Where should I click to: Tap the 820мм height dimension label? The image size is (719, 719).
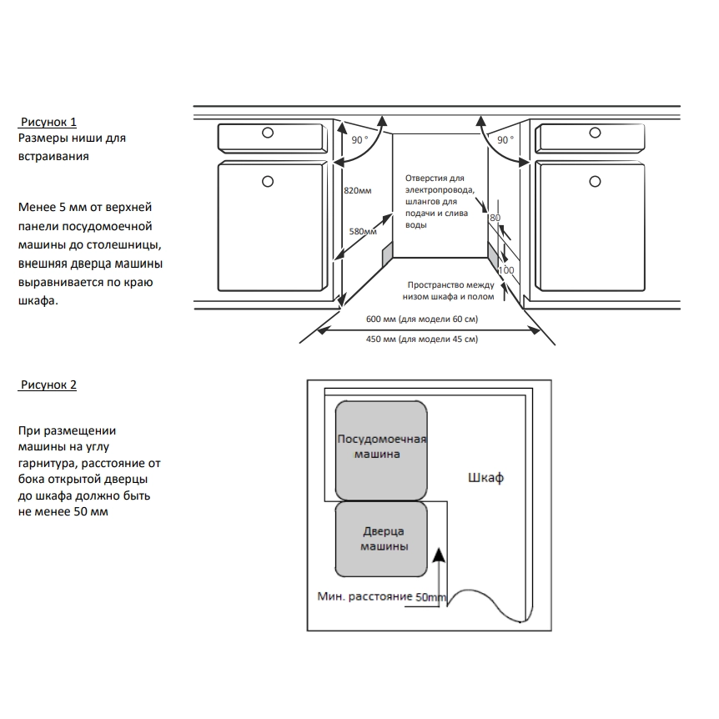pyautogui.click(x=357, y=191)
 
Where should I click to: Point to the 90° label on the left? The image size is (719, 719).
pyautogui.click(x=359, y=140)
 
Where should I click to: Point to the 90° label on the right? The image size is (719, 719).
pyautogui.click(x=505, y=140)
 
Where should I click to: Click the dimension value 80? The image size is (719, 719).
pyautogui.click(x=495, y=218)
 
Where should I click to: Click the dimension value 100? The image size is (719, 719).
pyautogui.click(x=505, y=271)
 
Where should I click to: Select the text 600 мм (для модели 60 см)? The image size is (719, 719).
pyautogui.click(x=422, y=320)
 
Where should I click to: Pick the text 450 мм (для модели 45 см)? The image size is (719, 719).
pyautogui.click(x=422, y=339)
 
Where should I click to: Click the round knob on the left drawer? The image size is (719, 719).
pyautogui.click(x=267, y=133)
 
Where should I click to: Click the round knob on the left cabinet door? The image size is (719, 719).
pyautogui.click(x=267, y=181)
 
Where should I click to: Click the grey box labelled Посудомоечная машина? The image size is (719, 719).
pyautogui.click(x=382, y=449)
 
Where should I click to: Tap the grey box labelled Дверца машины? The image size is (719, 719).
pyautogui.click(x=383, y=539)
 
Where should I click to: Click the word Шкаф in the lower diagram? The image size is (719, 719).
pyautogui.click(x=485, y=479)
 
